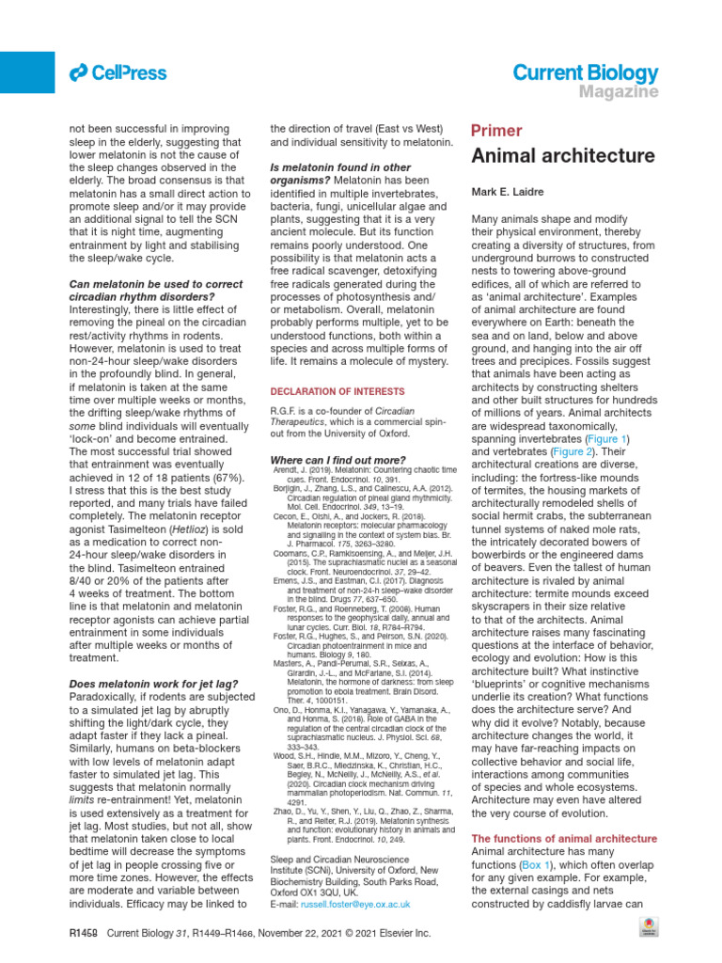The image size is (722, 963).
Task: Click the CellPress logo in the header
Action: click(x=118, y=72)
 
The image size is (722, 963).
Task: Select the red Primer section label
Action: click(x=495, y=131)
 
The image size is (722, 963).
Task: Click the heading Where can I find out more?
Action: click(x=337, y=460)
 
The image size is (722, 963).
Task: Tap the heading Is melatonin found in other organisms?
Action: click(x=340, y=174)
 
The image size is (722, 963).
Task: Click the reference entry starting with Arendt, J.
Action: click(x=362, y=474)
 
